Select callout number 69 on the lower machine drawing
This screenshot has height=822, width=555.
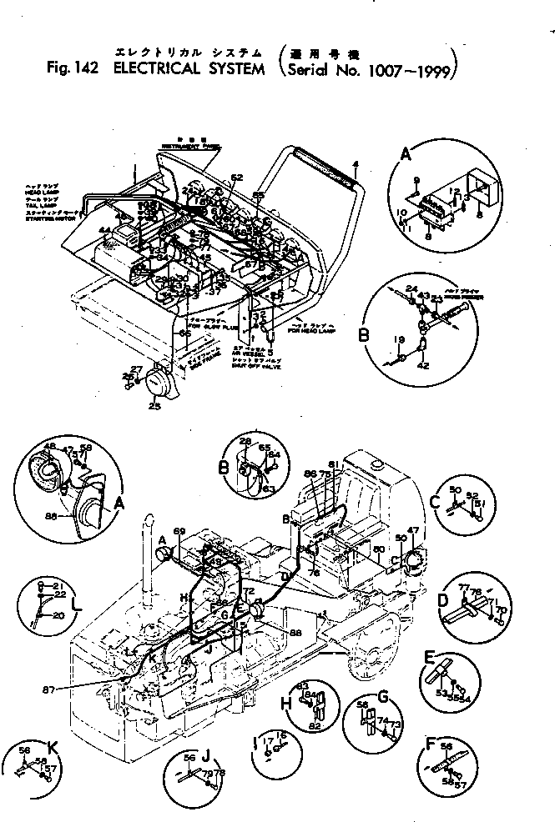[178, 531]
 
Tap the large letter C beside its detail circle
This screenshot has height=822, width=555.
[435, 502]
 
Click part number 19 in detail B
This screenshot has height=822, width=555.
[400, 340]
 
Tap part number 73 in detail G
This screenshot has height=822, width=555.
[396, 725]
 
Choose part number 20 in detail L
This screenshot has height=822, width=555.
[58, 614]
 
